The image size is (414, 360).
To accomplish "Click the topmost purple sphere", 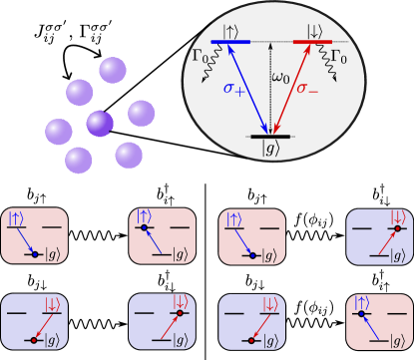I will [x=113, y=71].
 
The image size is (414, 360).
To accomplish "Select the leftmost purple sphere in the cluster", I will [x=59, y=132].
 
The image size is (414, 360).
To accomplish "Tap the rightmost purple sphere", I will [x=142, y=114].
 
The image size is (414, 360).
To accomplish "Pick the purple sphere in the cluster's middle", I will [x=100, y=124].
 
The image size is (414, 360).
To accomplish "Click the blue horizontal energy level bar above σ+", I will [x=230, y=42].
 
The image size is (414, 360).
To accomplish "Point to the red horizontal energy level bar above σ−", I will [x=312, y=42].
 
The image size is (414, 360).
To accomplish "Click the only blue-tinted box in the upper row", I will [x=379, y=236].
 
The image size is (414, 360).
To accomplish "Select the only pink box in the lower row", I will [x=379, y=321].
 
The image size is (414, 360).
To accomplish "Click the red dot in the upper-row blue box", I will [x=397, y=228].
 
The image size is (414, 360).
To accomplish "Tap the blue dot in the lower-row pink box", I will [x=361, y=313].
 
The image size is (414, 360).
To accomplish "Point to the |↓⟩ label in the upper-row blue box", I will [x=397, y=216].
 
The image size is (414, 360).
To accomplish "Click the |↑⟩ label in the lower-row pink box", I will [x=361, y=302].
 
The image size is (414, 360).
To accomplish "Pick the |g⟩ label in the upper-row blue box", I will [x=397, y=256].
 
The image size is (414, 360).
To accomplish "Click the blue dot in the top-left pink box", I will [x=35, y=255].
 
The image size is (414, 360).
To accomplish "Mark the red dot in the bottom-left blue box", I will [x=34, y=340].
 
